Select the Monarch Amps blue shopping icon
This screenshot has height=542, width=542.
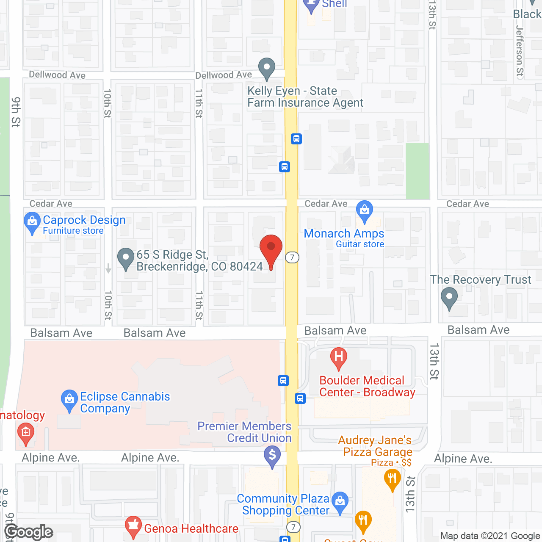[x=364, y=210]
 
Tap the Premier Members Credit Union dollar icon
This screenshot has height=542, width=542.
[x=272, y=456]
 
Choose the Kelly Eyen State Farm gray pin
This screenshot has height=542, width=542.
[x=267, y=68]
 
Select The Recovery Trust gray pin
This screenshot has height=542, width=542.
[x=449, y=297]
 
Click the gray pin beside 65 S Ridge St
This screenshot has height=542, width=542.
[x=125, y=258]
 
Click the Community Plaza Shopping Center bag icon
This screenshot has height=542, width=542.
[x=340, y=502]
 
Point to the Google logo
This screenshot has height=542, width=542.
[x=29, y=532]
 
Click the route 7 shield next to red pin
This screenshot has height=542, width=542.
[x=292, y=257]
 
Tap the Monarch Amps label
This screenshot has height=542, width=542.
[x=344, y=234]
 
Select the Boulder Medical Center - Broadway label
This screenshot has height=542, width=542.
[x=367, y=386]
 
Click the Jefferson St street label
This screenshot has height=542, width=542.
[x=520, y=51]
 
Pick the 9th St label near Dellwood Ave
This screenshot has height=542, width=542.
[x=16, y=112]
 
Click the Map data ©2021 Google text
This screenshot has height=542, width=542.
[x=490, y=536]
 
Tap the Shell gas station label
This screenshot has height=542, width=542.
[x=334, y=4]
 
